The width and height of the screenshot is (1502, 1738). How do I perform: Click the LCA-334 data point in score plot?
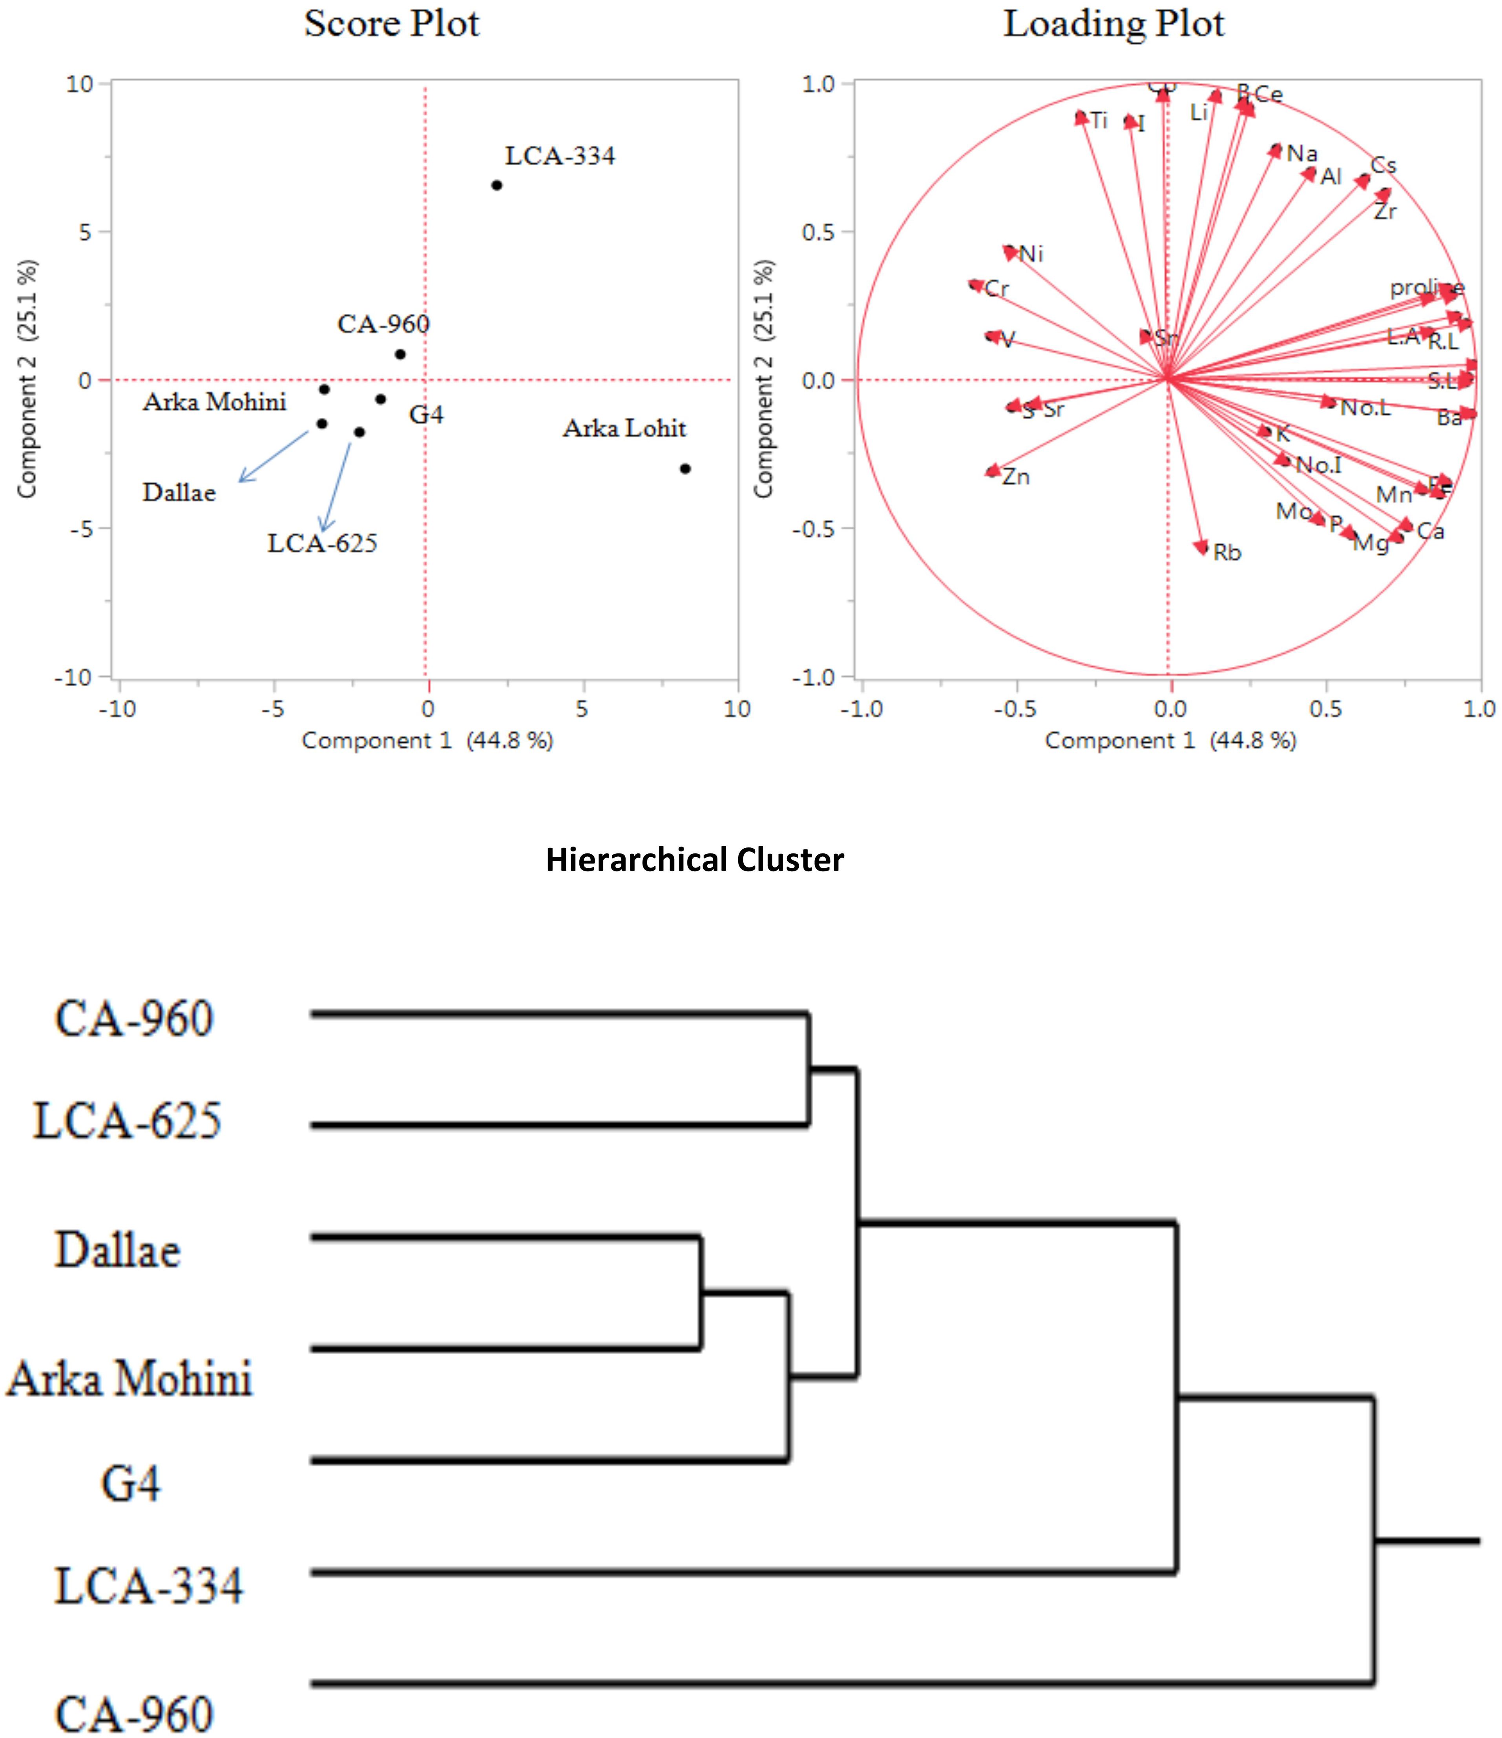(497, 186)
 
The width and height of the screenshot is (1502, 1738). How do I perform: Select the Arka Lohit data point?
(685, 469)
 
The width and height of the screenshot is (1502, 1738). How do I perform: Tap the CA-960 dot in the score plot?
(400, 354)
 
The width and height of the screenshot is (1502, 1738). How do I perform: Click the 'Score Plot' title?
(392, 24)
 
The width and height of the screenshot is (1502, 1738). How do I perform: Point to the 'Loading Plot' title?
(1113, 24)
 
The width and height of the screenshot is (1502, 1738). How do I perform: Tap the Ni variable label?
(1031, 254)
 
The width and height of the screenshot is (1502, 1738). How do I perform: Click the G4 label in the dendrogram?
(131, 1483)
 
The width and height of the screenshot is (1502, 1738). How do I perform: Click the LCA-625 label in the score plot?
(322, 543)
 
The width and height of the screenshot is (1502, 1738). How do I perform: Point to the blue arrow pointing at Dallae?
(274, 455)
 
